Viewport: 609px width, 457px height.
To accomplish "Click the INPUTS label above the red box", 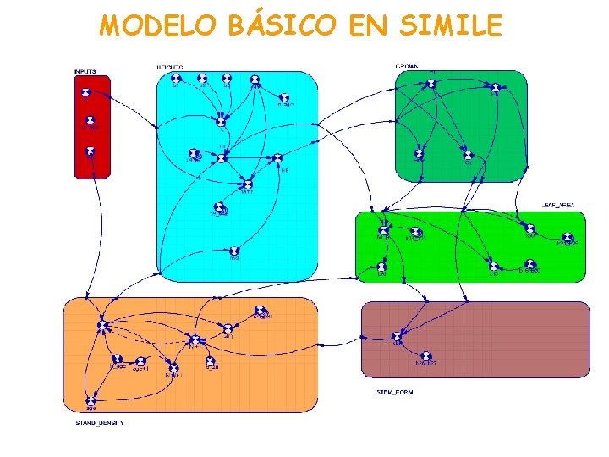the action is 85,70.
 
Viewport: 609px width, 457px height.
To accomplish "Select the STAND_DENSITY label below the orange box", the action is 92,421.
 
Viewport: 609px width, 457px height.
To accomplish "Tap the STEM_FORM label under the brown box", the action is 394,393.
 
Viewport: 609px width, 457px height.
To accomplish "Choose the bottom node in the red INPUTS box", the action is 90,151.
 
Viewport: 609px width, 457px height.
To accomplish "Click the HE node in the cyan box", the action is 275,158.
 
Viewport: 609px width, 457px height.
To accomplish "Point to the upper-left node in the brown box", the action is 398,336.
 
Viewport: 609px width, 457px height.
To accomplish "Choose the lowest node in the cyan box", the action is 234,251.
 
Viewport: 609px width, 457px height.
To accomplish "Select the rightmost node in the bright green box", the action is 568,239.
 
